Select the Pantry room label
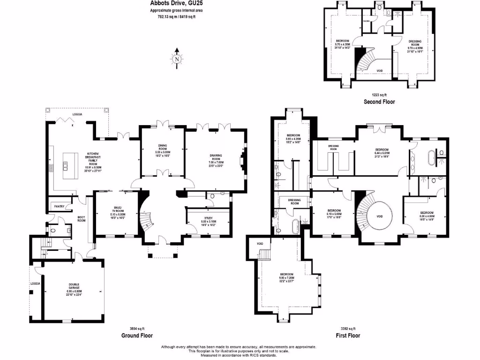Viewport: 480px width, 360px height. (59, 206)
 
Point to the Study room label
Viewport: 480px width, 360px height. (208, 220)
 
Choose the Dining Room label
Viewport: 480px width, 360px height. (163, 149)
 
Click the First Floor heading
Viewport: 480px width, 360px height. (348, 336)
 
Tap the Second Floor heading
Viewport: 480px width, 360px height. (379, 101)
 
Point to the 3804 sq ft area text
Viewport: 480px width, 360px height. (137, 329)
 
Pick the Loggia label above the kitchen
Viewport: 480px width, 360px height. (76, 114)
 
